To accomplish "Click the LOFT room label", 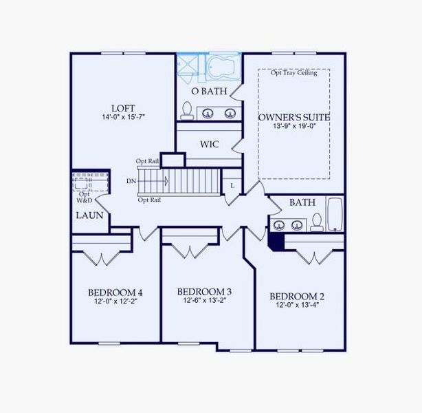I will point(123,108).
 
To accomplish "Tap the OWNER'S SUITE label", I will point(293,117).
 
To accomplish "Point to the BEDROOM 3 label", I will point(204,291).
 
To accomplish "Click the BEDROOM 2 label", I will point(300,296).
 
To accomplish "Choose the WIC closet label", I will point(209,145).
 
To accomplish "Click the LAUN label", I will point(89,215).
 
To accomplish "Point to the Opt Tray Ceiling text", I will point(293,73).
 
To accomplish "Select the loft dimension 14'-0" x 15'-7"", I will point(123,118).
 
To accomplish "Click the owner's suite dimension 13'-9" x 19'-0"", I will point(293,127).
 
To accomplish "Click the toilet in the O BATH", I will point(186,111).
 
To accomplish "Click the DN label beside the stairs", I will point(131,181).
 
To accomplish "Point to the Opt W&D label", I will point(85,197).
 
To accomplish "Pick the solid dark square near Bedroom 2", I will point(276,240).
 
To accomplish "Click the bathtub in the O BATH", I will point(222,67).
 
